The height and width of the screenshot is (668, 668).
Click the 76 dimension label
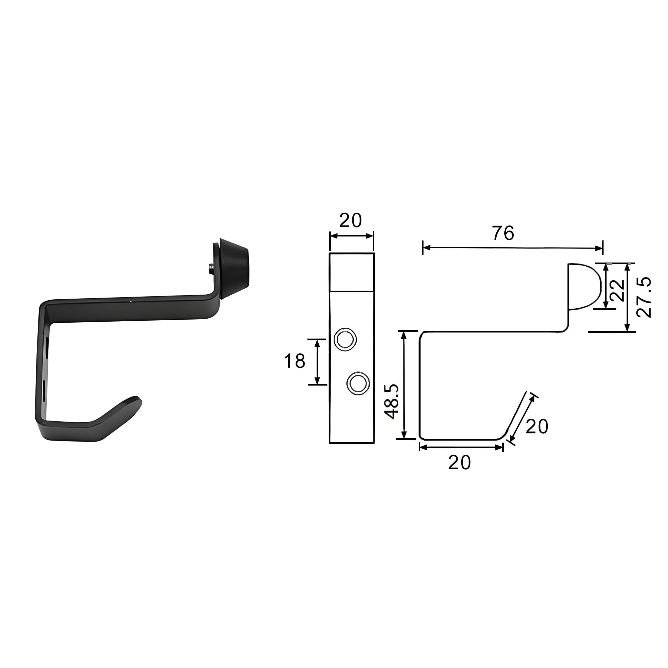click(503, 233)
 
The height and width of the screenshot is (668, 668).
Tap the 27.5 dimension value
click(644, 297)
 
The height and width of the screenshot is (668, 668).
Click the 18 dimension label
click(295, 361)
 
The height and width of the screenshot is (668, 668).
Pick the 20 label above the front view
click(350, 220)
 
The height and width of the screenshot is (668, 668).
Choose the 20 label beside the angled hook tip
click(537, 426)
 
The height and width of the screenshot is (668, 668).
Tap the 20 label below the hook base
click(460, 462)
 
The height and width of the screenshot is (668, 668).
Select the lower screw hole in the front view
click(358, 383)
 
